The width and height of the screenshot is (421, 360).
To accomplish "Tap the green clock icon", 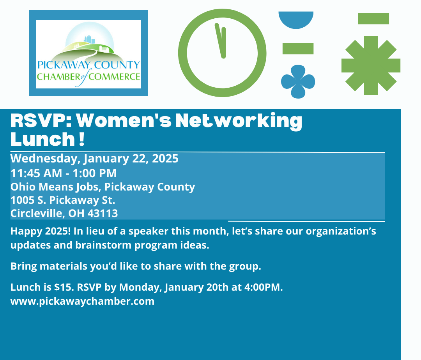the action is click(x=182, y=53).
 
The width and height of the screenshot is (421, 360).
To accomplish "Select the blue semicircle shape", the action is click(x=296, y=19).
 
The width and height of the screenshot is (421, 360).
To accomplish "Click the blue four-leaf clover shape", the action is click(x=298, y=81).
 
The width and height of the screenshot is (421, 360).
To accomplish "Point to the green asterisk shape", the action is click(x=371, y=65).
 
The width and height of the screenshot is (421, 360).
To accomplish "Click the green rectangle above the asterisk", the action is click(x=373, y=19).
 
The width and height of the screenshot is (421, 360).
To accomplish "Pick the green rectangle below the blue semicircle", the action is click(x=298, y=49).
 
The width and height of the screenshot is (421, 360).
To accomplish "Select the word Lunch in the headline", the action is click(x=43, y=139).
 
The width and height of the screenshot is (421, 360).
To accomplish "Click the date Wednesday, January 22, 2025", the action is click(x=94, y=159).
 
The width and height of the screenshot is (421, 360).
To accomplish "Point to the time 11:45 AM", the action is click(x=36, y=173).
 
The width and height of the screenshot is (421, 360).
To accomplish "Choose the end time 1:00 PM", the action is click(x=94, y=173).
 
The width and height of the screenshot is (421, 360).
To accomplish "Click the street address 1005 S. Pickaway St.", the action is click(x=63, y=200).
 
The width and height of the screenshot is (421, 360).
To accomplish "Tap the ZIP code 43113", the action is click(x=103, y=214).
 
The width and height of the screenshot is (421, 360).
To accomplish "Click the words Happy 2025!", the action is click(x=41, y=231).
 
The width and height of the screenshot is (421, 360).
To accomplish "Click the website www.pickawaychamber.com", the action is click(x=82, y=301).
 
